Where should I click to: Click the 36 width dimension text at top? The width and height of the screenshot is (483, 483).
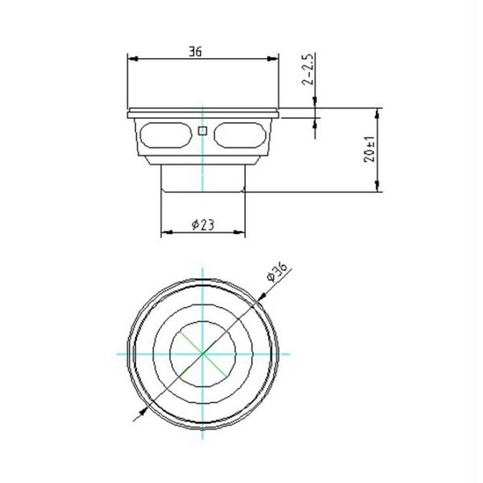pyautogui.click(x=195, y=52)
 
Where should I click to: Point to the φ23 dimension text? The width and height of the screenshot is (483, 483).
pyautogui.click(x=203, y=225)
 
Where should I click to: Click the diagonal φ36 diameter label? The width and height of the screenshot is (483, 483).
pyautogui.click(x=277, y=271)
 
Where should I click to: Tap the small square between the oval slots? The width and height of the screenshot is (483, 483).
pyautogui.click(x=203, y=130)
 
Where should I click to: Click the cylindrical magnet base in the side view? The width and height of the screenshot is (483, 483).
pyautogui.click(x=203, y=177)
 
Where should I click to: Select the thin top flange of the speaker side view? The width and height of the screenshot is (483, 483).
pyautogui.click(x=203, y=112)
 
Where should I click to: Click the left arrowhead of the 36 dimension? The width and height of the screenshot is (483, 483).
pyautogui.click(x=133, y=59)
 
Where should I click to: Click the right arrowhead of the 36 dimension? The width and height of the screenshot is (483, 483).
pyautogui.click(x=274, y=59)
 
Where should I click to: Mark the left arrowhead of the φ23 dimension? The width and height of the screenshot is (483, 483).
pyautogui.click(x=167, y=233)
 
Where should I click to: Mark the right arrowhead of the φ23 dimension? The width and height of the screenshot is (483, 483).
pyautogui.click(x=239, y=233)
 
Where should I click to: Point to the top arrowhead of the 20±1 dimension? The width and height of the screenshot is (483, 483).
pyautogui.click(x=377, y=114)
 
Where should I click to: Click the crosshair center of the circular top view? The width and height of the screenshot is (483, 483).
pyautogui.click(x=203, y=353)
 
